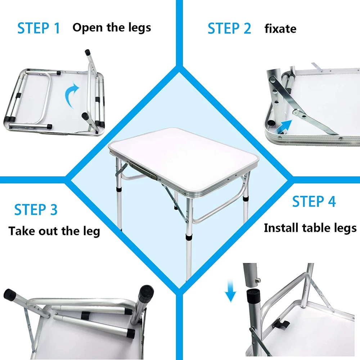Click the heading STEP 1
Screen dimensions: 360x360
coord(39,28)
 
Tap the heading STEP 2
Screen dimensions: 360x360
coord(229,28)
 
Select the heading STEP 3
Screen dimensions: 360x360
coord(36,210)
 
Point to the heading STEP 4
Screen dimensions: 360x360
coord(314,201)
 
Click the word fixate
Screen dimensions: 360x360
coord(280,29)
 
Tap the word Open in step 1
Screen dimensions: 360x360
coord(87,28)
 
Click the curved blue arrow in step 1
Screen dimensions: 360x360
coord(72,95)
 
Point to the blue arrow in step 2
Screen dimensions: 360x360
coord(284,127)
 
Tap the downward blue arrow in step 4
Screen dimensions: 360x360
coord(230,291)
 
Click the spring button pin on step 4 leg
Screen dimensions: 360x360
coord(258,280)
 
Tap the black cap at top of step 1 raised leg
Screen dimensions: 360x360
coord(87,52)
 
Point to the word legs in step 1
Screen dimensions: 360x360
coord(140,28)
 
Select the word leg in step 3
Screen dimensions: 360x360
coord(91,231)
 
